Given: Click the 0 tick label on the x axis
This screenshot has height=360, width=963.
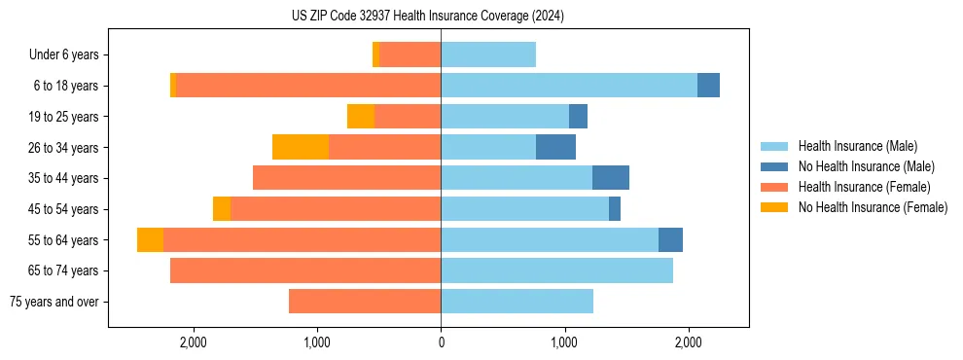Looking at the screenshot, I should click(441, 342).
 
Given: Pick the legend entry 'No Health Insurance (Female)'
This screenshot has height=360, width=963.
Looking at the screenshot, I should click(873, 207).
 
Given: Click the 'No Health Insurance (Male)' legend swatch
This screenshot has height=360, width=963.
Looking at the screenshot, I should click(775, 166).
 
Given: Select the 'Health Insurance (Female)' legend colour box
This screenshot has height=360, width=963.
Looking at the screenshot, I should click(775, 187).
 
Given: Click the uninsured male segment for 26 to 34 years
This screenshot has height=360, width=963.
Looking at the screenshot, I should click(555, 147).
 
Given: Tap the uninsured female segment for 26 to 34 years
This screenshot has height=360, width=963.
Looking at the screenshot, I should click(301, 147).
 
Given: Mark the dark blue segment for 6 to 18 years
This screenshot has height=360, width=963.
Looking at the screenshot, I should click(708, 86).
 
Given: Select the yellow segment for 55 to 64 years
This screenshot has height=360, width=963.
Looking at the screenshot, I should click(150, 239).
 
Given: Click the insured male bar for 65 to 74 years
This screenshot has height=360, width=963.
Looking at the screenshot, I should click(556, 270).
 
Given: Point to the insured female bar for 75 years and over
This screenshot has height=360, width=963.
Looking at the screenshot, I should click(365, 302).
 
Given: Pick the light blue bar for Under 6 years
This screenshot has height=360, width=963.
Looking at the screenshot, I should click(488, 54).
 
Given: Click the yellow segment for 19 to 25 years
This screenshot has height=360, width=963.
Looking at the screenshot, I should click(361, 117).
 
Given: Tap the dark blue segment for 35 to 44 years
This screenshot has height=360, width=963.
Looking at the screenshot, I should click(611, 178).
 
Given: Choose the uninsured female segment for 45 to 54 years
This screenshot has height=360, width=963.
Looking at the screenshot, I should click(222, 209).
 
